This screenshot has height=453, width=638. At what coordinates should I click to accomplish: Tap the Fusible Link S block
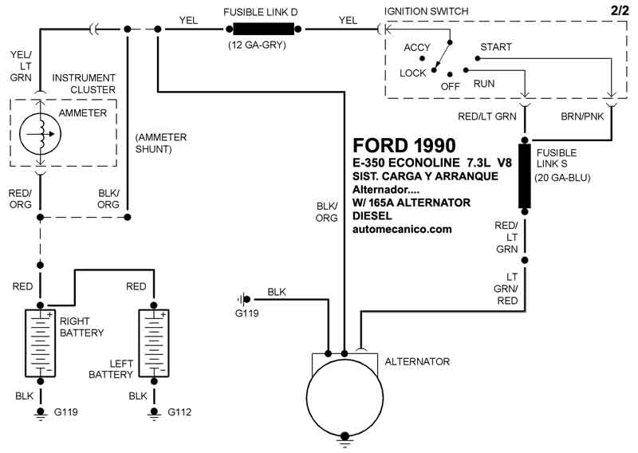tap(526, 176)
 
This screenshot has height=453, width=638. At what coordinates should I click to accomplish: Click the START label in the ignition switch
tap(495, 47)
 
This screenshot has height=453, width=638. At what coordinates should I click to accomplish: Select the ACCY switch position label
tap(417, 48)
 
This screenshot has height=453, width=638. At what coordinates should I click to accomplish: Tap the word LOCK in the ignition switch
tap(413, 73)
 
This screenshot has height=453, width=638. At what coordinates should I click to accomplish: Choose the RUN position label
tap(483, 84)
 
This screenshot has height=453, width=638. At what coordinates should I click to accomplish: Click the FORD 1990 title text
tap(404, 146)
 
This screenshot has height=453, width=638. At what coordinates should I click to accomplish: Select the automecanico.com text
tap(402, 229)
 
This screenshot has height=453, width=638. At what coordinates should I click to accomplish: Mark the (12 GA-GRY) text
tap(257, 45)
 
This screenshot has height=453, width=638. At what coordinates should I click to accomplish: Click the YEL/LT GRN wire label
tap(20, 66)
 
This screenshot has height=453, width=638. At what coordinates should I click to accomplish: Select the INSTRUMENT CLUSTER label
tap(84, 83)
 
